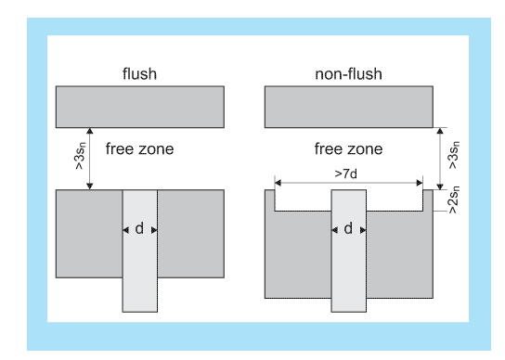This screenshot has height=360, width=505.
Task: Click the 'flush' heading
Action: (139, 73)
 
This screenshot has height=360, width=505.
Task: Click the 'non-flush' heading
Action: (348, 74)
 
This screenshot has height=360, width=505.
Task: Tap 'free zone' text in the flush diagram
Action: (139, 149)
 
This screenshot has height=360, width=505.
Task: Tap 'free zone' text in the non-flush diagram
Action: (348, 149)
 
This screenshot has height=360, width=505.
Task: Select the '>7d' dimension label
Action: (346, 174)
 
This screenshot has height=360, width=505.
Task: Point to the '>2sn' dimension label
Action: (454, 199)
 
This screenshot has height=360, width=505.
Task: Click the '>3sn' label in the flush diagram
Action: (80, 156)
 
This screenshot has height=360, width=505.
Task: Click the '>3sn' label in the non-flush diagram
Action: (454, 155)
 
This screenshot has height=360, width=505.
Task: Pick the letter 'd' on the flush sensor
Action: (139, 228)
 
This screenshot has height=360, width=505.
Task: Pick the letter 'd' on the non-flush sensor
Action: (348, 228)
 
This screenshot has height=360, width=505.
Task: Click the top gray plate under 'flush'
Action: (140, 107)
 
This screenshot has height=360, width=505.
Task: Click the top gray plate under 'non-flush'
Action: (349, 107)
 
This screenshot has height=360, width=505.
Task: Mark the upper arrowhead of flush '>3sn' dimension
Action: (90, 131)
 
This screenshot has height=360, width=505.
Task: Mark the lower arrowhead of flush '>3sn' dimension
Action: (90, 186)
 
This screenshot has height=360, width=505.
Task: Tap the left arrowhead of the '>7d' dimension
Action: (278, 183)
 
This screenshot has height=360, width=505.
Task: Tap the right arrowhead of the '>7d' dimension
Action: (420, 183)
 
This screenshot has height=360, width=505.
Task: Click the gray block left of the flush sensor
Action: (89, 234)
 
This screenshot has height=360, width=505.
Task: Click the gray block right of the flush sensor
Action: (190, 234)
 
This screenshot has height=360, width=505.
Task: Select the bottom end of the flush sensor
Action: (140, 312)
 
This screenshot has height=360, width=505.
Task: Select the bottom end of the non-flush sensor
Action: (349, 312)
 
